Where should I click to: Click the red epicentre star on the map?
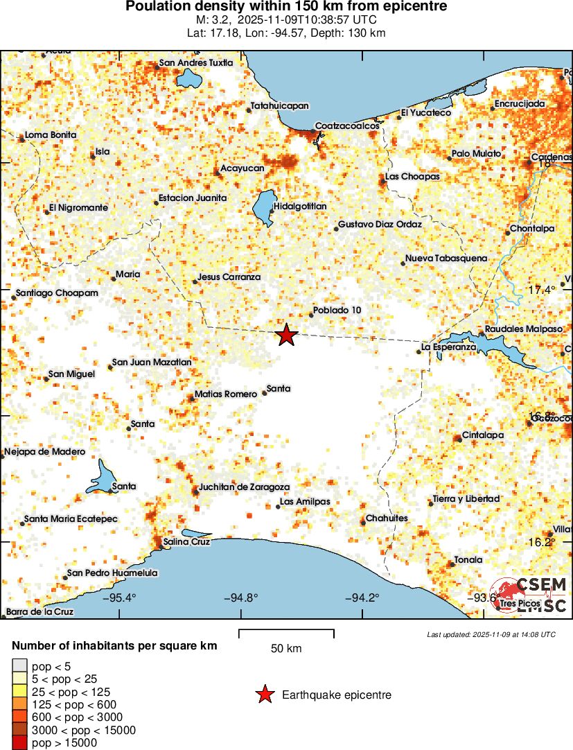pyautogui.click(x=286, y=335)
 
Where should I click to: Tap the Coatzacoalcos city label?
pyautogui.click(x=347, y=126)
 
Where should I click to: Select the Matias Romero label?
pyautogui.click(x=226, y=394)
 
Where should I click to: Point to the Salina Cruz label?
pyautogui.click(x=187, y=541)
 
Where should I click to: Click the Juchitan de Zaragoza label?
pyautogui.click(x=244, y=487)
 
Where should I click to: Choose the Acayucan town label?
pyautogui.click(x=243, y=168)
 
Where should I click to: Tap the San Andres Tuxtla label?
pyautogui.click(x=196, y=63)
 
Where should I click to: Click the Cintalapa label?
pyautogui.click(x=483, y=435)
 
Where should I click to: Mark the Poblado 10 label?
pyautogui.click(x=337, y=310)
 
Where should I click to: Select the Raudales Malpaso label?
pyautogui.click(x=524, y=329)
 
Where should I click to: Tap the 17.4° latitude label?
pyautogui.click(x=542, y=290)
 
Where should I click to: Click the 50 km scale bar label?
pyautogui.click(x=286, y=649)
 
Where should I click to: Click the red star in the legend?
pyautogui.click(x=265, y=694)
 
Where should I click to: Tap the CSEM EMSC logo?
pyautogui.click(x=531, y=594)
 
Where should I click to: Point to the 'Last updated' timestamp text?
pyautogui.click(x=491, y=634)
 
